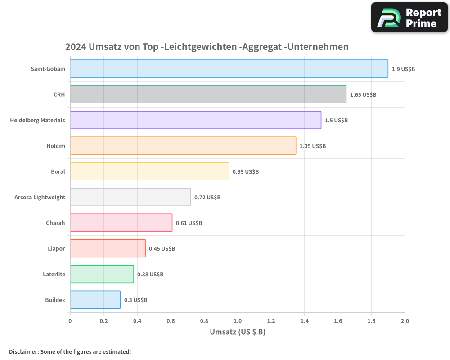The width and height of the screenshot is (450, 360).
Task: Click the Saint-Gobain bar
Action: click(x=229, y=68)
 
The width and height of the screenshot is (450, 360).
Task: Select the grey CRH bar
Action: click(x=208, y=94)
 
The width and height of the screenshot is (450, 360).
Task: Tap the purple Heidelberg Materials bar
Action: click(x=195, y=120)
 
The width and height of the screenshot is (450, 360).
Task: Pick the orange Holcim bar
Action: click(x=183, y=145)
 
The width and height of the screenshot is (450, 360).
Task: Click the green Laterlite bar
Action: click(x=102, y=274)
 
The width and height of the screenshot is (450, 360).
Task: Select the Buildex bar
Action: click(x=95, y=299)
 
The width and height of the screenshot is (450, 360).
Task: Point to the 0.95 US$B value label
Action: click(x=246, y=171)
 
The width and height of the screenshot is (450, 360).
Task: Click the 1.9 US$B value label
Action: click(x=403, y=69)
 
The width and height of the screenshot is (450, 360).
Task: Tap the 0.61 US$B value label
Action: click(x=189, y=223)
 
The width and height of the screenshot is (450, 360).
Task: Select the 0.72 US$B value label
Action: click(x=207, y=197)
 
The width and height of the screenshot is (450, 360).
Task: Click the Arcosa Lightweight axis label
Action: click(x=40, y=197)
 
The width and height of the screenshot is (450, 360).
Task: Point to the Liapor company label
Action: click(x=56, y=248)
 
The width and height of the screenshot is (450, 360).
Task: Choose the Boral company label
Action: click(x=58, y=171)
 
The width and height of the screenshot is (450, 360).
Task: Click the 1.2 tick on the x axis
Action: click(x=271, y=321)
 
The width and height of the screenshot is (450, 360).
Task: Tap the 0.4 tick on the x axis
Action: click(x=137, y=321)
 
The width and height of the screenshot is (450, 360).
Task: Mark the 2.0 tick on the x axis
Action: click(x=405, y=321)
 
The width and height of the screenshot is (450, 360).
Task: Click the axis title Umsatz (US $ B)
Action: click(x=238, y=332)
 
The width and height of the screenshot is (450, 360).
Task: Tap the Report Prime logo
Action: click(x=409, y=18)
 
